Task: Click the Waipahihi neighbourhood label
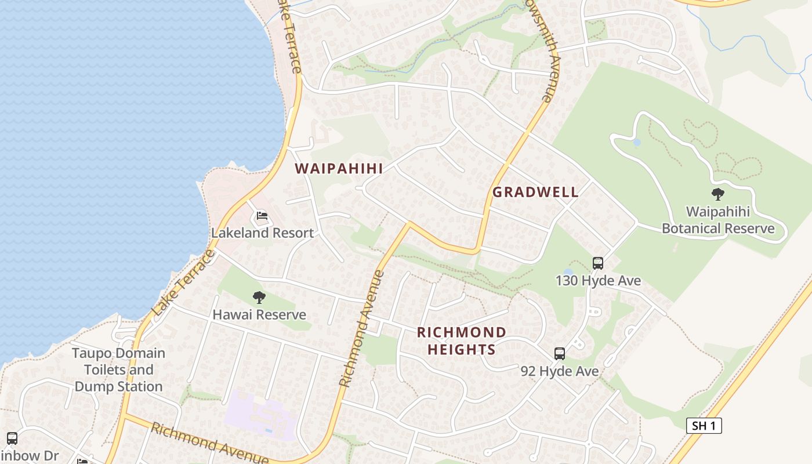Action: pos(339,169)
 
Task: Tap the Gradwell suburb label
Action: pos(535,193)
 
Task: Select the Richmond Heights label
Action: pos(462,340)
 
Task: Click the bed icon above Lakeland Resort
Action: pos(262,216)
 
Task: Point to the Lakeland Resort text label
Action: pos(262,233)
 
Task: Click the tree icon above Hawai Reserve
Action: pos(259,298)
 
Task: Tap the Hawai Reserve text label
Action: pos(259,315)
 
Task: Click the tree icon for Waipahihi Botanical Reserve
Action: pos(718,194)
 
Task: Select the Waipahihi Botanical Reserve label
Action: pos(718,220)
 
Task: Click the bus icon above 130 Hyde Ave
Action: pos(598,263)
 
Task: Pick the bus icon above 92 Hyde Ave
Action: pos(560,354)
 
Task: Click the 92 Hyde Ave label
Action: pos(560,371)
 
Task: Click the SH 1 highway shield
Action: pos(704,426)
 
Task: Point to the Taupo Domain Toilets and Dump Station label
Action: pos(119,370)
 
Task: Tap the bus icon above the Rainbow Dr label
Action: pos(12,438)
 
